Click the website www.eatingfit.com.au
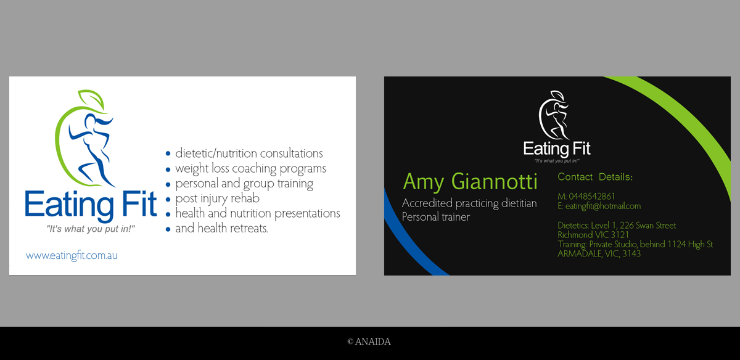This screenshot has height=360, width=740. [72, 255]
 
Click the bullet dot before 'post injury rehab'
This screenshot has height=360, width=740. [168, 200]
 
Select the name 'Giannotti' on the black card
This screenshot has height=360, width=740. [494, 181]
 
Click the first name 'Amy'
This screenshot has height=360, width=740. [423, 182]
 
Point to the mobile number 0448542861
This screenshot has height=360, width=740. [591, 197]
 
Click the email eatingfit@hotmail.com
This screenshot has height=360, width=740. [603, 206]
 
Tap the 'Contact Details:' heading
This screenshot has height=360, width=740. [595, 177]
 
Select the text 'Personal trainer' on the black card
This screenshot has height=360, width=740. [436, 217]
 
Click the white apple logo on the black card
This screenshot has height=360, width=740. [554, 115]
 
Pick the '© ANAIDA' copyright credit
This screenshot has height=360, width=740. [369, 342]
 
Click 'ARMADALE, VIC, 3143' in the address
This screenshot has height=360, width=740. [599, 253]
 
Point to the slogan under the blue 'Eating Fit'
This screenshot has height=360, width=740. [91, 229]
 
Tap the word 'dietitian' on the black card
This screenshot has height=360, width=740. [519, 203]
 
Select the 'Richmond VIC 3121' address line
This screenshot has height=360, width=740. [593, 235]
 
